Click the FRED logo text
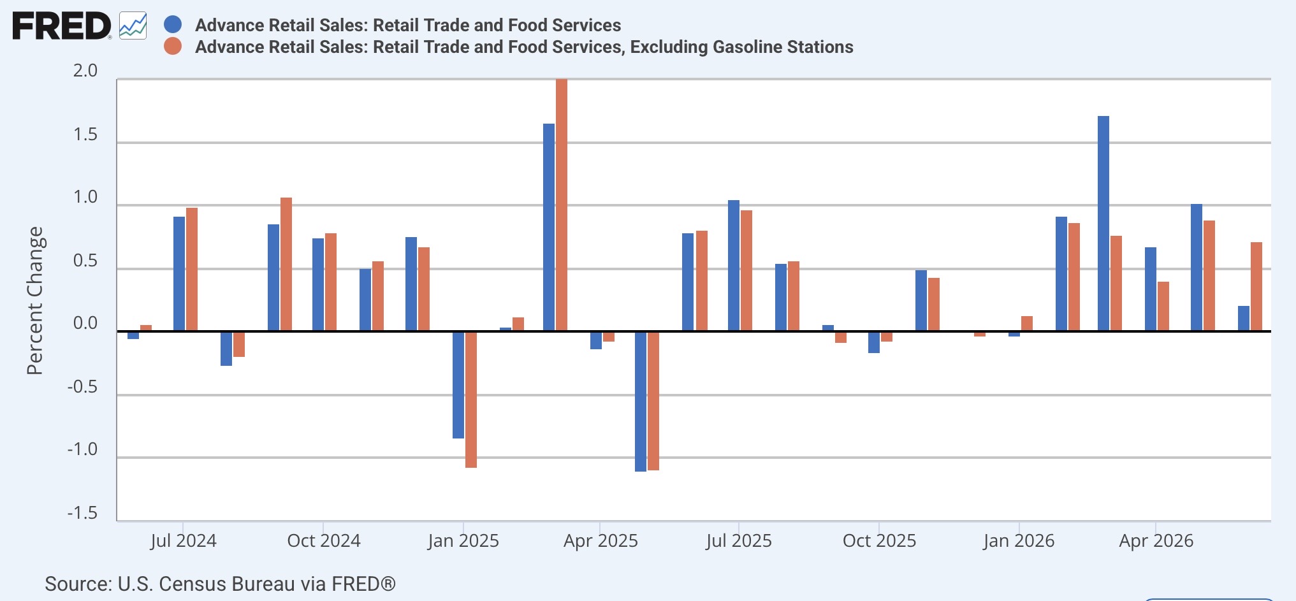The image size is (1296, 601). click(x=62, y=26)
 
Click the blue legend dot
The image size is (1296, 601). click(x=173, y=25)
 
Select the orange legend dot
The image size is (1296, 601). click(x=173, y=47)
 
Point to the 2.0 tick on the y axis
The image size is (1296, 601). click(x=85, y=71)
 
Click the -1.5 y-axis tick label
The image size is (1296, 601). click(x=83, y=513)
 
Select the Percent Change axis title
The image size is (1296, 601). click(x=35, y=301)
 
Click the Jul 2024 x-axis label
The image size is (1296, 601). click(x=183, y=541)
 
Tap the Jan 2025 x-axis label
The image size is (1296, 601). click(x=463, y=541)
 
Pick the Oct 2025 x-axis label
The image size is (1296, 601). click(x=879, y=541)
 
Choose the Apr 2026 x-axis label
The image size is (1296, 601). click(x=1156, y=541)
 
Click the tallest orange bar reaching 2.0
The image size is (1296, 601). click(x=562, y=205)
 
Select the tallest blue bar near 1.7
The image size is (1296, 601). click(x=1103, y=223)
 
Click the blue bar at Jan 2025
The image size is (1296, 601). click(x=458, y=385)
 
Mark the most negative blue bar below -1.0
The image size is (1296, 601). click(x=641, y=402)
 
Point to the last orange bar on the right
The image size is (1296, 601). click(x=1256, y=286)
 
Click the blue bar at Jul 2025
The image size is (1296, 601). click(x=734, y=265)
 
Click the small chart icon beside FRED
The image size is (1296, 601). click(x=133, y=26)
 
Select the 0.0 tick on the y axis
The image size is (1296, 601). click(x=85, y=323)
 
